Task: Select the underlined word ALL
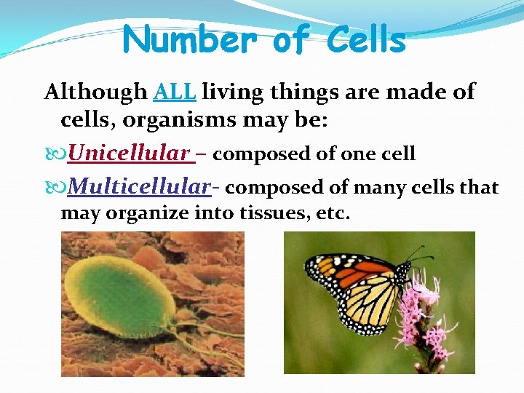pos(175,92)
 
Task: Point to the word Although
pos(96,92)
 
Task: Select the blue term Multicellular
pos(139,187)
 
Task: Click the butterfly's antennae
pos(415,255)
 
